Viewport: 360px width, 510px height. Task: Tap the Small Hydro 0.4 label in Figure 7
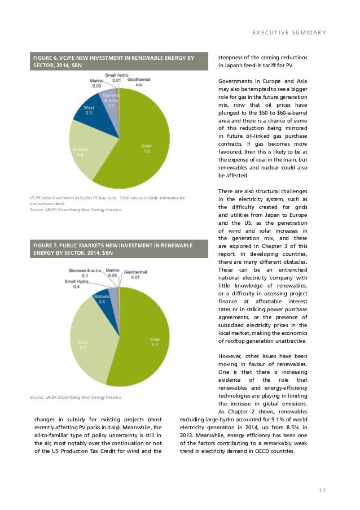pyautogui.click(x=76, y=284)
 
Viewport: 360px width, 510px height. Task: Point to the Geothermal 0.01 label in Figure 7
pyautogui.click(x=135, y=274)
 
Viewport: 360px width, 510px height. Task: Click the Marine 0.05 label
pyautogui.click(x=112, y=274)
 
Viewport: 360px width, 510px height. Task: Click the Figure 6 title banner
pyautogui.click(x=113, y=61)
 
